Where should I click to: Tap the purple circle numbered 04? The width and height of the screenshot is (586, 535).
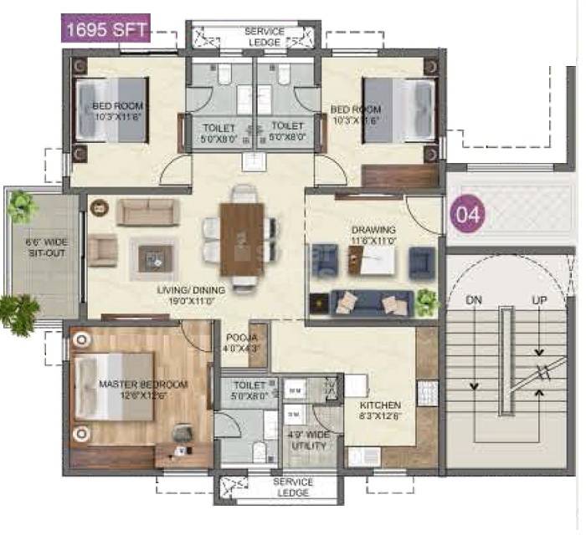click(x=469, y=214)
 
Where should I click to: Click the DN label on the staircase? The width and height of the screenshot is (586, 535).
click(x=475, y=299)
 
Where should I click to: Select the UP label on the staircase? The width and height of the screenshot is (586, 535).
click(x=538, y=299)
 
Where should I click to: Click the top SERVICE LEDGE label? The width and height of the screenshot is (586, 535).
click(x=265, y=36)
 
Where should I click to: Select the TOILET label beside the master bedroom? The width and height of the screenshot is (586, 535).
click(x=243, y=390)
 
